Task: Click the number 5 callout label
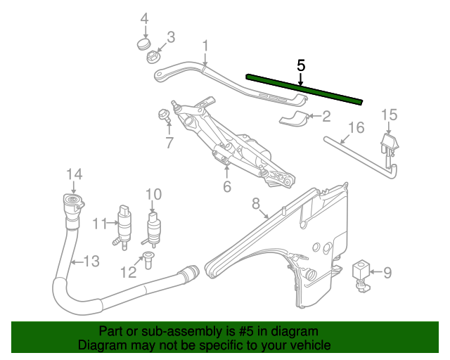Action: point(301,65)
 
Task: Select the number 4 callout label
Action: point(145,18)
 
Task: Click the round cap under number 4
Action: point(145,46)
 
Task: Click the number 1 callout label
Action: point(205,46)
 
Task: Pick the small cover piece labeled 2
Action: point(295,118)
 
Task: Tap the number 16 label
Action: point(356,127)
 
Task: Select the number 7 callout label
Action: point(169,143)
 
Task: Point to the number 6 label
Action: point(227,187)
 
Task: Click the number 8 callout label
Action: point(257,204)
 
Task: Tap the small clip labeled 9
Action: point(362,271)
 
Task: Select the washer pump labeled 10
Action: point(153,227)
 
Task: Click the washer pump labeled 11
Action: point(125,224)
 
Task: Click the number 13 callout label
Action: point(92,262)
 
